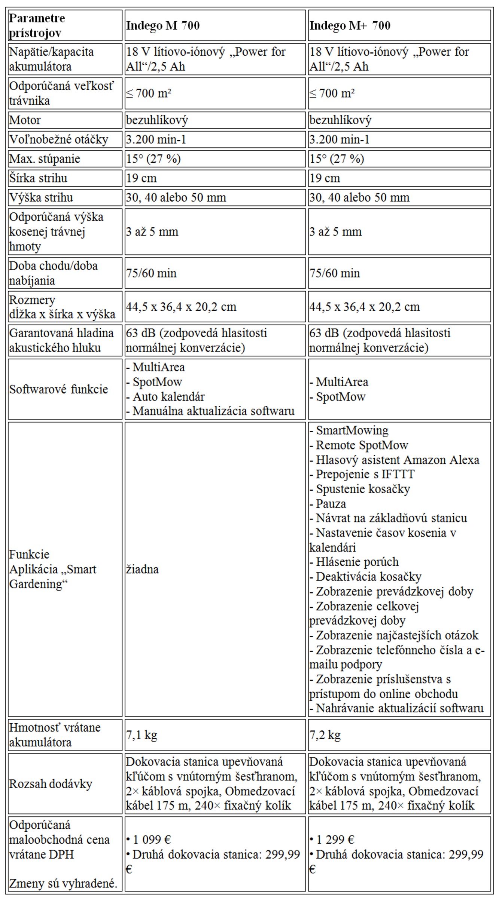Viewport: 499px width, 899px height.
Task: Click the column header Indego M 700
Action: click(163, 25)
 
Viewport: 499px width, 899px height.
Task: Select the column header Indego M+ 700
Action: click(350, 25)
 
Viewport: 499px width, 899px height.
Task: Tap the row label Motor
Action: click(25, 120)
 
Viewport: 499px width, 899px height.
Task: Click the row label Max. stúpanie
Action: click(45, 159)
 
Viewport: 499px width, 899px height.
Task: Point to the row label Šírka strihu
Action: click(38, 178)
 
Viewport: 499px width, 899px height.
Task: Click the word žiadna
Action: click(142, 569)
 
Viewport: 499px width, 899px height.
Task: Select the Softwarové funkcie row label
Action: click(58, 389)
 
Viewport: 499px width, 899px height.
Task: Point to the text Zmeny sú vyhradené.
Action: click(63, 884)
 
